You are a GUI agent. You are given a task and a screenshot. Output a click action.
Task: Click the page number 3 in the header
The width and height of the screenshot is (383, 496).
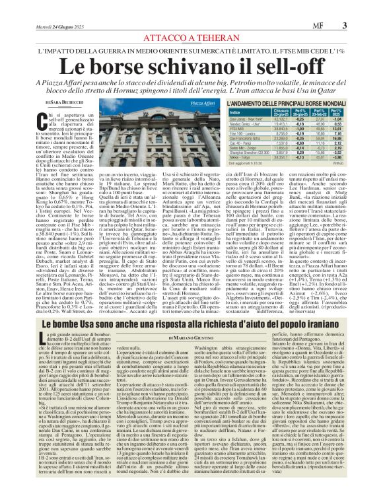point(363,7)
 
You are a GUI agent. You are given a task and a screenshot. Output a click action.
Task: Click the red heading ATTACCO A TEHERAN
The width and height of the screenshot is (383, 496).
point(191,21)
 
